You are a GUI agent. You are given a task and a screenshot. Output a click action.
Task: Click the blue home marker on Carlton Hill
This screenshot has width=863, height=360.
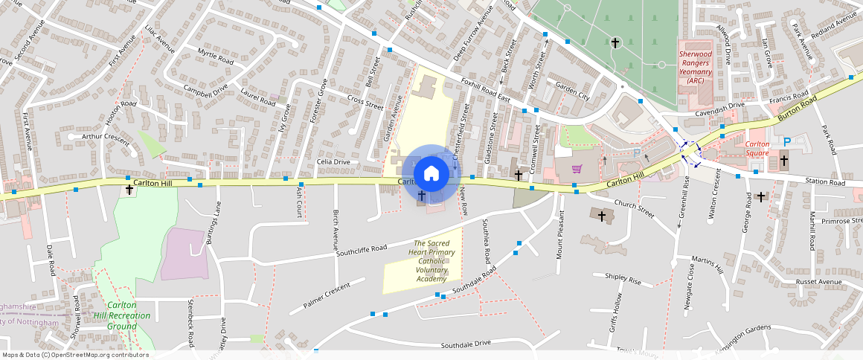point(430,173)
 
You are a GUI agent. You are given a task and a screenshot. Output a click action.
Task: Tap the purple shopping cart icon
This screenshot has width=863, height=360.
point(576,169)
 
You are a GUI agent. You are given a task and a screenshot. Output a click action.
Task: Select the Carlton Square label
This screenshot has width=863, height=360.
point(757,149)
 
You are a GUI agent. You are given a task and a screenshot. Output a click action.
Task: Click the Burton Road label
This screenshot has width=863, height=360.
point(798,109)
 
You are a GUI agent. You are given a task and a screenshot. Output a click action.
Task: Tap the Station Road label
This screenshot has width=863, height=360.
point(827,182)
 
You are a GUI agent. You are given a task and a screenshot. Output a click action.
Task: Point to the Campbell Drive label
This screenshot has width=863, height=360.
point(205,91)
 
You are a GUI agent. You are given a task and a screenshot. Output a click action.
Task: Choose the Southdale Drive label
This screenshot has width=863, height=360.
point(466,344)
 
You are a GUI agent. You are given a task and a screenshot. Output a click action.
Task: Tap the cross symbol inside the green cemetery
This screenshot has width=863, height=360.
point(615,43)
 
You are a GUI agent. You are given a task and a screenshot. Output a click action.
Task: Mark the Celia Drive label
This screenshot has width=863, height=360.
point(333,161)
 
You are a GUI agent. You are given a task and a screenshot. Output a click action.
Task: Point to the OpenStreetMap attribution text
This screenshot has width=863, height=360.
point(74,355)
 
